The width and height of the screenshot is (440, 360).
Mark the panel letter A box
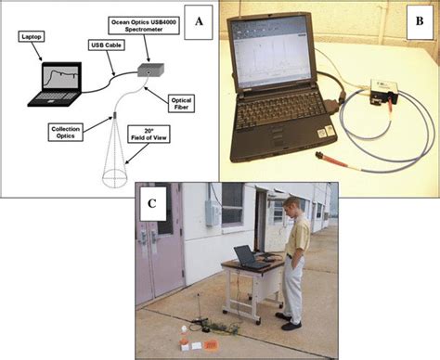tap(195, 18)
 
